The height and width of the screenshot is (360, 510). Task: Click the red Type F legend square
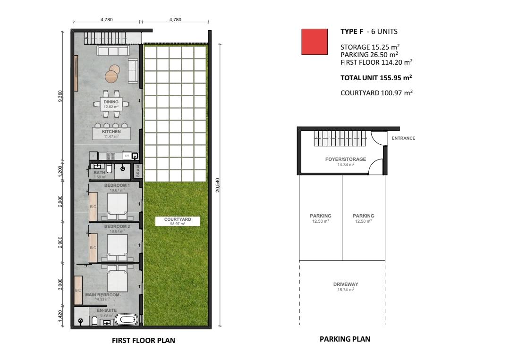coord(314,42)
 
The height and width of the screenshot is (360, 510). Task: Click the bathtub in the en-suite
coord(127,319)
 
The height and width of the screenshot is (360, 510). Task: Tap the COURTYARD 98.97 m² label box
coord(178,221)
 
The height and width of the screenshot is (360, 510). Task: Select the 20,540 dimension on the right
coord(218,185)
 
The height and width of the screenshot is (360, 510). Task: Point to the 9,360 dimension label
coord(60,96)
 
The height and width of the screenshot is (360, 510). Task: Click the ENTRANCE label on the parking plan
coord(403,138)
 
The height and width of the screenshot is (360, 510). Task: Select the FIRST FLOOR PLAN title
coord(144,341)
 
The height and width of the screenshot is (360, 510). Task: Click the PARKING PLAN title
coord(345,339)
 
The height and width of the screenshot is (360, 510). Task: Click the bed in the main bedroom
coord(117,278)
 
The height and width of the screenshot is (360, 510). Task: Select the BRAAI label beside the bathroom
coord(138,171)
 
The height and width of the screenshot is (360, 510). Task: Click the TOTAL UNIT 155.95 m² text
coord(376,78)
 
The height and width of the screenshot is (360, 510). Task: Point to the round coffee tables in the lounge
coord(112,73)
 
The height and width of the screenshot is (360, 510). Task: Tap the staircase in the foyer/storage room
coord(340,139)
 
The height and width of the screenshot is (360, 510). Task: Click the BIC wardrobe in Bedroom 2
coord(93,248)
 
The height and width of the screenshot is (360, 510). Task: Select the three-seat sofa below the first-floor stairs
coord(113,50)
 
